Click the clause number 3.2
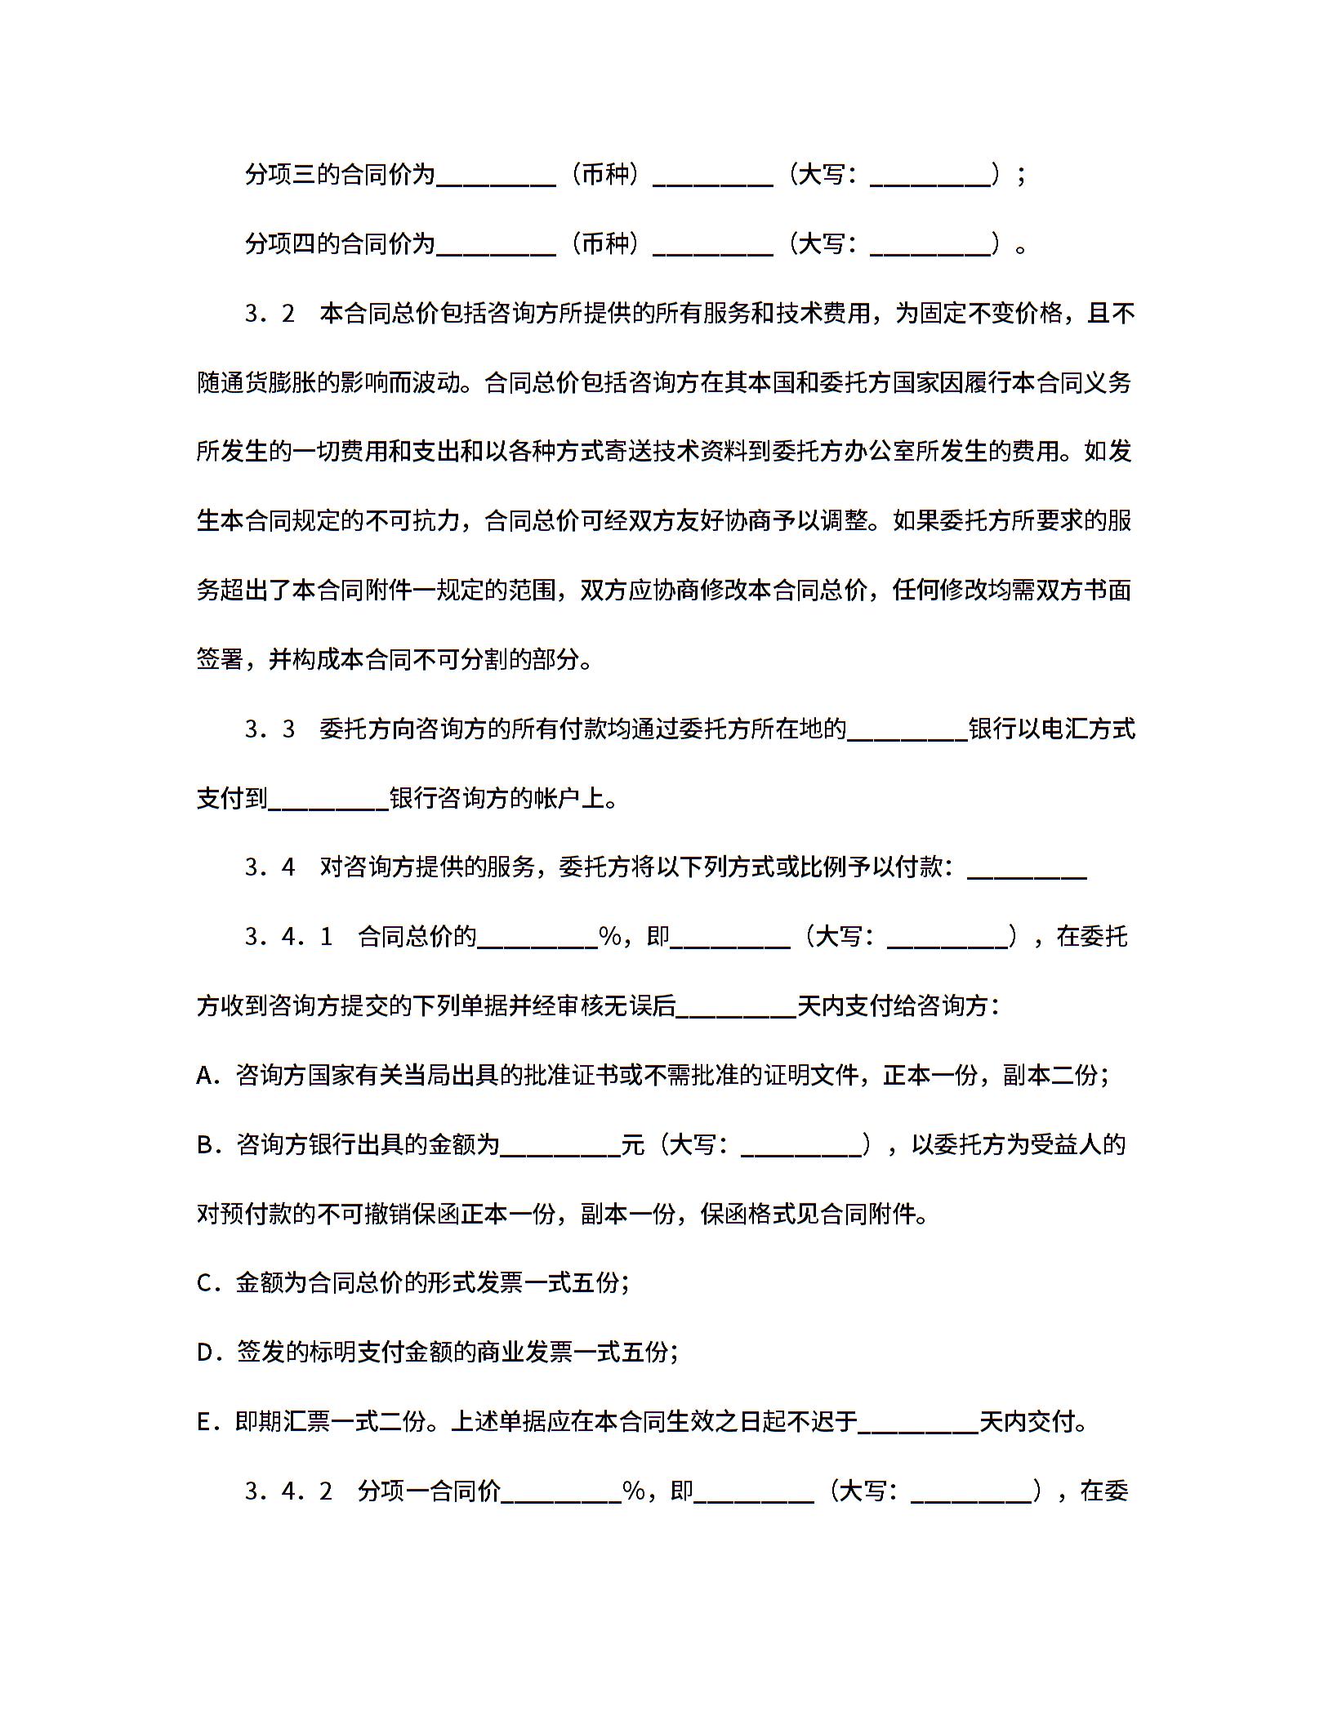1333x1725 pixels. click(x=269, y=314)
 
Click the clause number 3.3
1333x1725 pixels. click(x=269, y=729)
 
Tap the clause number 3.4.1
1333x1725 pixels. click(x=288, y=937)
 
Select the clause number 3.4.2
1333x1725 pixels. click(x=288, y=1492)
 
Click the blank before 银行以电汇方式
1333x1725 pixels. click(x=907, y=729)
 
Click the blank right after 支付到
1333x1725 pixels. click(x=328, y=798)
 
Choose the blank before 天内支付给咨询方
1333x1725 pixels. click(x=736, y=1006)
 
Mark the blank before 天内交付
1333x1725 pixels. click(x=919, y=1423)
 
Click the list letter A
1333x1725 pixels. click(x=205, y=1076)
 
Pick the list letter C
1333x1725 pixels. click(x=205, y=1284)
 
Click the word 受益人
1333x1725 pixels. click(x=1066, y=1145)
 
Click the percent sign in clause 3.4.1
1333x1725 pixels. click(x=609, y=937)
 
